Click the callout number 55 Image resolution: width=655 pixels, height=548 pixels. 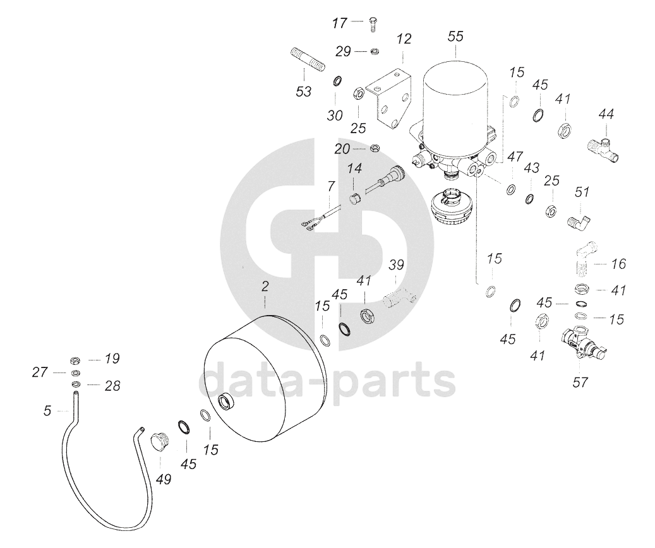(x=455, y=37)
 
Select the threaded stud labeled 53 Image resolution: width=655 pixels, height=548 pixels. (x=306, y=61)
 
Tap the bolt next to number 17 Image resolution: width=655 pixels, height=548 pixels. (x=373, y=24)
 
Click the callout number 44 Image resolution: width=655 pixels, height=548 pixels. (x=606, y=114)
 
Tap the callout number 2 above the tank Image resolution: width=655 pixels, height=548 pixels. (x=265, y=287)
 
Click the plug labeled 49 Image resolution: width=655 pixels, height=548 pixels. (x=159, y=442)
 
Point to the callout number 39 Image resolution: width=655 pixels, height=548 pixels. (x=396, y=265)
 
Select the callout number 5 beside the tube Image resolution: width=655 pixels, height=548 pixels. (x=47, y=411)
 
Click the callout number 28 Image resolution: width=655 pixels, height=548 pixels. (x=112, y=386)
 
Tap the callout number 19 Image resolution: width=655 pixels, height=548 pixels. (x=112, y=359)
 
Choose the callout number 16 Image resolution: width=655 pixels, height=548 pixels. (x=618, y=263)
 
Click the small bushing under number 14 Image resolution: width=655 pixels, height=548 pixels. (x=354, y=197)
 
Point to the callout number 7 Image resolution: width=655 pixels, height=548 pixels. (x=331, y=186)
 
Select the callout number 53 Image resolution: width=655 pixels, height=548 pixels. (x=304, y=91)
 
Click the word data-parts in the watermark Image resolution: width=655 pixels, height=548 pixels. (x=328, y=380)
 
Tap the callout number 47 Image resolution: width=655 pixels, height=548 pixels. (x=515, y=157)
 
